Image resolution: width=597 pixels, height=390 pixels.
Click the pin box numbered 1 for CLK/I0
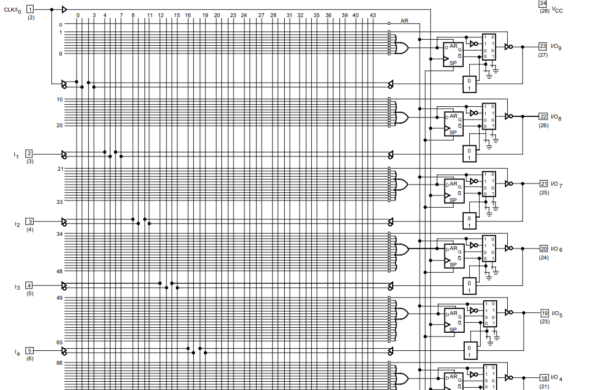(x=30, y=9)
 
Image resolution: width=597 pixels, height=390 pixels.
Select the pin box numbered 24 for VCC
(x=543, y=3)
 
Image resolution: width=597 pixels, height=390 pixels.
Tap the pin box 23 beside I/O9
(x=543, y=47)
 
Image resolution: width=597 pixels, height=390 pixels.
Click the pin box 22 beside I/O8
(x=543, y=117)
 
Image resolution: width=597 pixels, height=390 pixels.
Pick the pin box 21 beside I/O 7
(x=544, y=184)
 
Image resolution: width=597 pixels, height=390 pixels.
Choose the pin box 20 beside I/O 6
(x=544, y=249)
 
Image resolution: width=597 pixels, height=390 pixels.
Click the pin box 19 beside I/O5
(x=545, y=313)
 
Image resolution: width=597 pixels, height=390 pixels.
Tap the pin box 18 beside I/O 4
(x=544, y=378)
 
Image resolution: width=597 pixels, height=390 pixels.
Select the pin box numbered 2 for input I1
(x=29, y=154)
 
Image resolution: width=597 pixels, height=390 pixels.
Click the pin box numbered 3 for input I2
(x=30, y=221)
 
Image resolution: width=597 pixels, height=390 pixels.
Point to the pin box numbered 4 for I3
(x=29, y=285)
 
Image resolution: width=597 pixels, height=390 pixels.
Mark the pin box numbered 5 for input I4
(x=30, y=350)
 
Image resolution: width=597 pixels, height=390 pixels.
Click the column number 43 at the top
(x=373, y=15)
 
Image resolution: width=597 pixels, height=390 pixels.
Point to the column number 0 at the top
(x=77, y=15)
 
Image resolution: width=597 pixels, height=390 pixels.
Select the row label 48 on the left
(x=59, y=272)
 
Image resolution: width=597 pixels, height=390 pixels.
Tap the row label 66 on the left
(x=59, y=363)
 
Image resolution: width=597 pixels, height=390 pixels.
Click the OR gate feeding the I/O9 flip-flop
(x=400, y=48)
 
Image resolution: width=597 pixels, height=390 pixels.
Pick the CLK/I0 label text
(x=13, y=10)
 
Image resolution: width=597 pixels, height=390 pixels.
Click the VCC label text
(x=557, y=10)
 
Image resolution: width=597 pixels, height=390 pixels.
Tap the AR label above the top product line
(x=404, y=20)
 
